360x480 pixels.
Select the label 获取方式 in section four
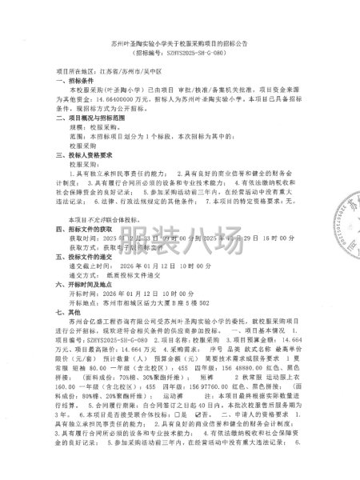coord(86,269)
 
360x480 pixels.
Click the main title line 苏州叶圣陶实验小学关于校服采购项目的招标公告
coord(178,38)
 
